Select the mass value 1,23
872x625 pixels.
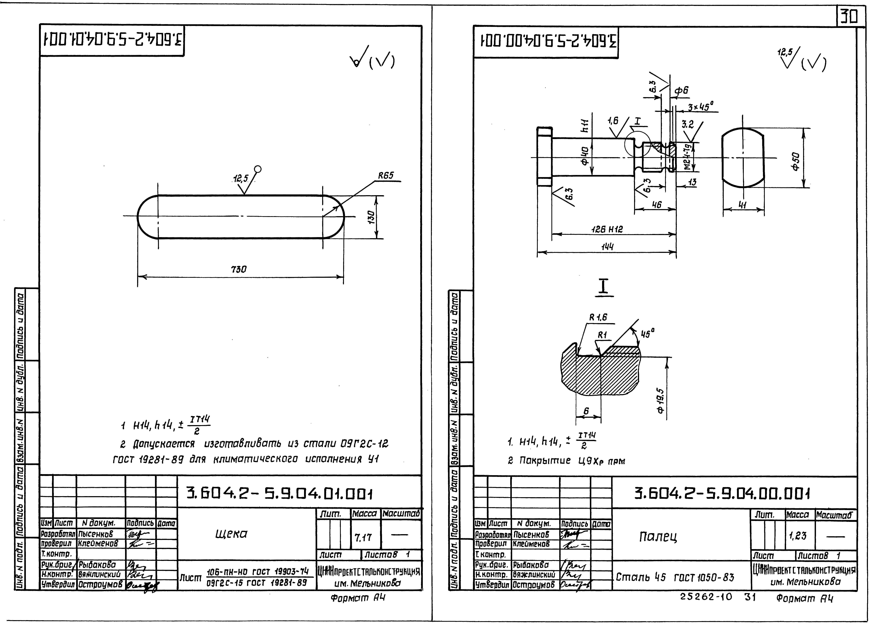pyautogui.click(x=797, y=535)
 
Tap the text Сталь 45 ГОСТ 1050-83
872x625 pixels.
pyautogui.click(x=675, y=577)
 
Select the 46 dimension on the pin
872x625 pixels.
pyautogui.click(x=656, y=205)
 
